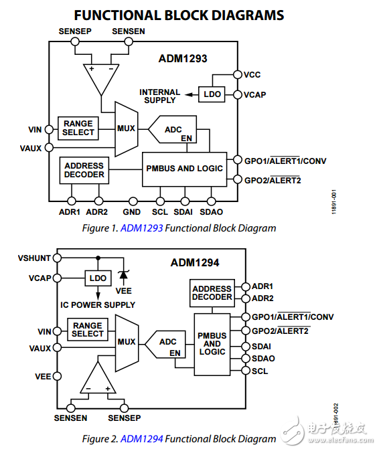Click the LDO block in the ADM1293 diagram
tap(212, 95)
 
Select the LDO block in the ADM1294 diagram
tap(98, 278)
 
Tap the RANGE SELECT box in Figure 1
tap(78, 128)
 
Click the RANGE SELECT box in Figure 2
tap(88, 329)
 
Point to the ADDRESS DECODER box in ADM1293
tap(84, 170)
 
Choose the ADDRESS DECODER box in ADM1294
tap(212, 293)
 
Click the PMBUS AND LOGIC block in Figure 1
tap(184, 169)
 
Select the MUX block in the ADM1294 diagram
tap(127, 342)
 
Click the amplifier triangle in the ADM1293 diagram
tap(100, 78)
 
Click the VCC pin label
tap(252, 74)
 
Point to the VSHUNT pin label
tap(33, 258)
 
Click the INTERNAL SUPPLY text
tap(159, 96)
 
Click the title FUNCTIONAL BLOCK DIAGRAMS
tap(179, 15)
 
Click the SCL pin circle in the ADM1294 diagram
tap(244, 371)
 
